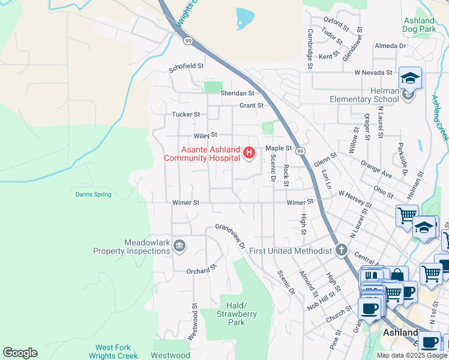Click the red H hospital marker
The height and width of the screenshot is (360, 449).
(x=249, y=154)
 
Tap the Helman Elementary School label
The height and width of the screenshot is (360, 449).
(x=364, y=99)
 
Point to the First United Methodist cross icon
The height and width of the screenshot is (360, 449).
(x=342, y=250)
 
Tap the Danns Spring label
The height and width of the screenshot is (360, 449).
(x=94, y=194)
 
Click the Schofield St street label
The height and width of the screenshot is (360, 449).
(x=187, y=67)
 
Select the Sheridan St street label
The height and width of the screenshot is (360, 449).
(x=237, y=93)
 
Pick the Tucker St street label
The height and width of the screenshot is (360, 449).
(x=185, y=115)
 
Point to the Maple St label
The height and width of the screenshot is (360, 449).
(x=279, y=148)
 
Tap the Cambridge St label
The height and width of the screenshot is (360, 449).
(x=310, y=50)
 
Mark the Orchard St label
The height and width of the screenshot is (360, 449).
(x=200, y=271)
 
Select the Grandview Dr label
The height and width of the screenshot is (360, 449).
(x=232, y=236)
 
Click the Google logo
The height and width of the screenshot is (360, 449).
(x=20, y=353)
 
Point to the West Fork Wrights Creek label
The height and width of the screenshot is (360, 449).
(x=117, y=352)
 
